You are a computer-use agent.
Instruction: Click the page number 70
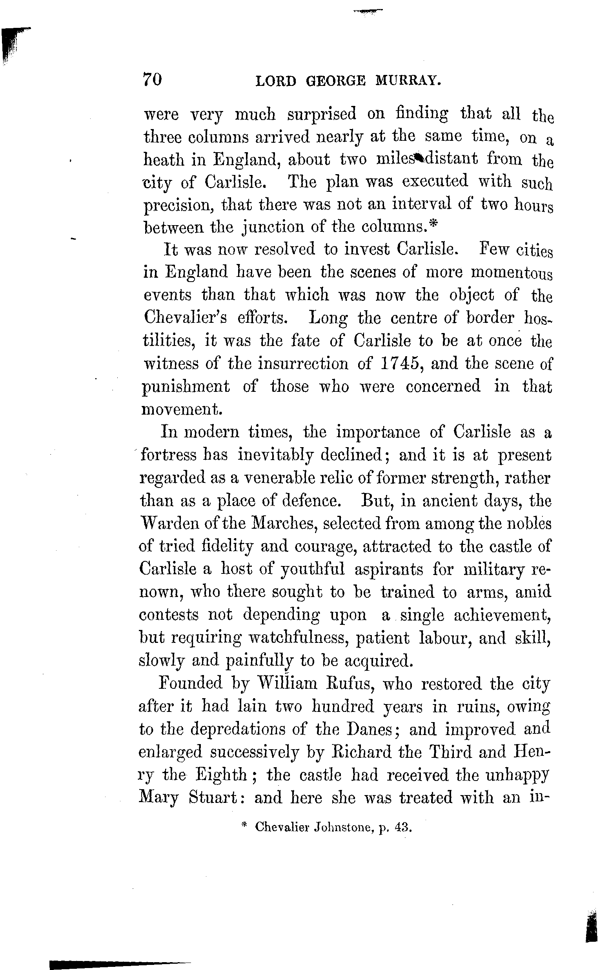(152, 80)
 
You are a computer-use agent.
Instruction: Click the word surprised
(322, 115)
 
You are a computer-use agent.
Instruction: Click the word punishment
(186, 387)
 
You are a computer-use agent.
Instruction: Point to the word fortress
(168, 455)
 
